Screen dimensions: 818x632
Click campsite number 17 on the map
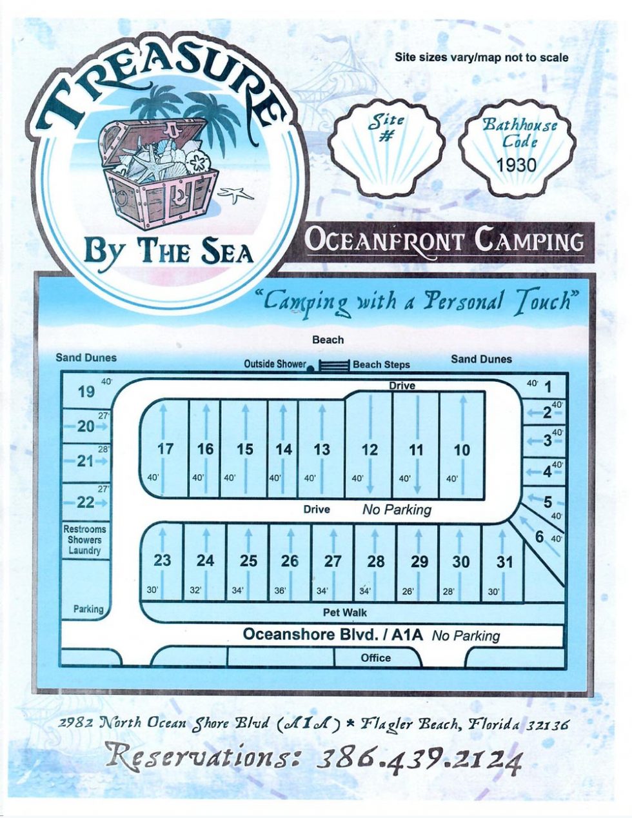[166, 449]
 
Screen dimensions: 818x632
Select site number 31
[504, 562]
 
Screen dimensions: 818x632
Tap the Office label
[375, 658]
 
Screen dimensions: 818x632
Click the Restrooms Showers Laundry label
[84, 540]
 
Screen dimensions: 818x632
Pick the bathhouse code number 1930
[516, 165]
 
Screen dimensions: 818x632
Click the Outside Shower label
[274, 364]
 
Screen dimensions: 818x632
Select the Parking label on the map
[88, 609]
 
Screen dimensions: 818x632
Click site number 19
[86, 392]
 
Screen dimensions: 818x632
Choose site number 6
[539, 535]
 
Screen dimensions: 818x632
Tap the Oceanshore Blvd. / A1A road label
[333, 635]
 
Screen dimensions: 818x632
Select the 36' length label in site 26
[280, 590]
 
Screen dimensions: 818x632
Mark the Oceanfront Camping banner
[444, 241]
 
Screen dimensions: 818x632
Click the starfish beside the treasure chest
[236, 193]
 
